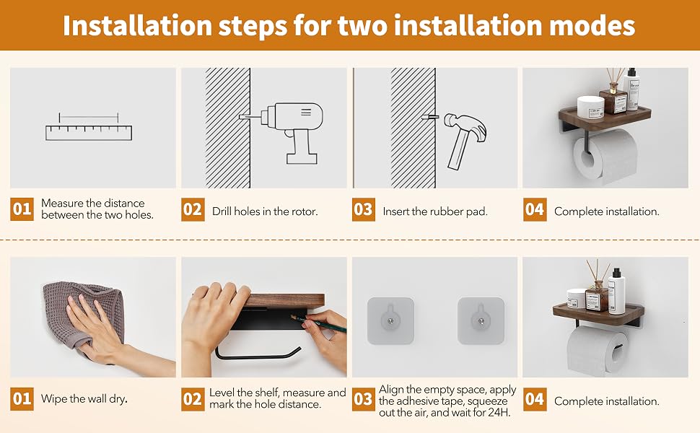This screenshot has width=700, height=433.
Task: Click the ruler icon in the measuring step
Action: (x=89, y=133)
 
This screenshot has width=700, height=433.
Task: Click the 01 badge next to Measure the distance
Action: (x=22, y=209)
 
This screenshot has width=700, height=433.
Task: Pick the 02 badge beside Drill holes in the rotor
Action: (x=193, y=209)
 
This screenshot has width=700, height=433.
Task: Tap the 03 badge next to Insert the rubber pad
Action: (x=364, y=209)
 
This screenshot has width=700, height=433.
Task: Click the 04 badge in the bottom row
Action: (x=534, y=399)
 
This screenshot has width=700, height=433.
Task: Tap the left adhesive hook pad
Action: (x=390, y=320)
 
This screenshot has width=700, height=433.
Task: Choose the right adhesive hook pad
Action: (x=481, y=320)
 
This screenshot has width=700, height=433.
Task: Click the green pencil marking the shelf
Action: (x=318, y=323)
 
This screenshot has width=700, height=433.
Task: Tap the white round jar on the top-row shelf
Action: (x=590, y=107)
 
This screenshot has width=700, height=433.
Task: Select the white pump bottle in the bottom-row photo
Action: (x=616, y=291)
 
